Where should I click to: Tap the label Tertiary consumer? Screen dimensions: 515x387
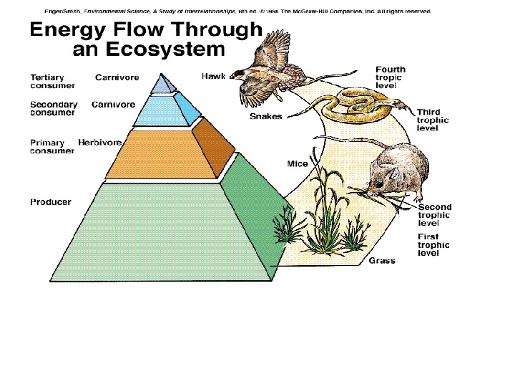pyautogui.click(x=49, y=81)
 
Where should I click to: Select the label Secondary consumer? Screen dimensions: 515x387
pyautogui.click(x=53, y=108)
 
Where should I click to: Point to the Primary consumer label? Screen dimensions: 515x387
pyautogui.click(x=51, y=147)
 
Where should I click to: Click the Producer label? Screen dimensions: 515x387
pyautogui.click(x=50, y=202)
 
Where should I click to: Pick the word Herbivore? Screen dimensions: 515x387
pyautogui.click(x=99, y=143)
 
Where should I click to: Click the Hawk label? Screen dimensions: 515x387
pyautogui.click(x=213, y=76)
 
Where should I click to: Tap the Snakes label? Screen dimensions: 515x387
pyautogui.click(x=265, y=117)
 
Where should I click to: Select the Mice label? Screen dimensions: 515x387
pyautogui.click(x=298, y=164)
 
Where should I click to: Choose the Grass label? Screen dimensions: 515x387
pyautogui.click(x=382, y=261)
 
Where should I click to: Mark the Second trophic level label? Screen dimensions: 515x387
pyautogui.click(x=434, y=215)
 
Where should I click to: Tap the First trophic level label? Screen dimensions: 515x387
pyautogui.click(x=433, y=244)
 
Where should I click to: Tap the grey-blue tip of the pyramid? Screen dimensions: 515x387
pyautogui.click(x=166, y=84)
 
